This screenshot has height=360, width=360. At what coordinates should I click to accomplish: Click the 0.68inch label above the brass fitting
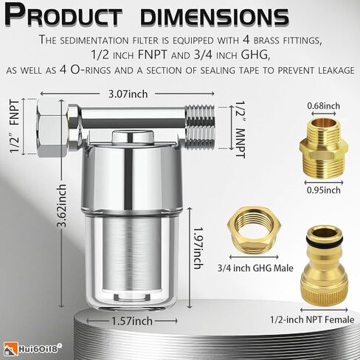click(323, 105)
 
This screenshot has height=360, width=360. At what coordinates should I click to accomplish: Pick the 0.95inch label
click(323, 190)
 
